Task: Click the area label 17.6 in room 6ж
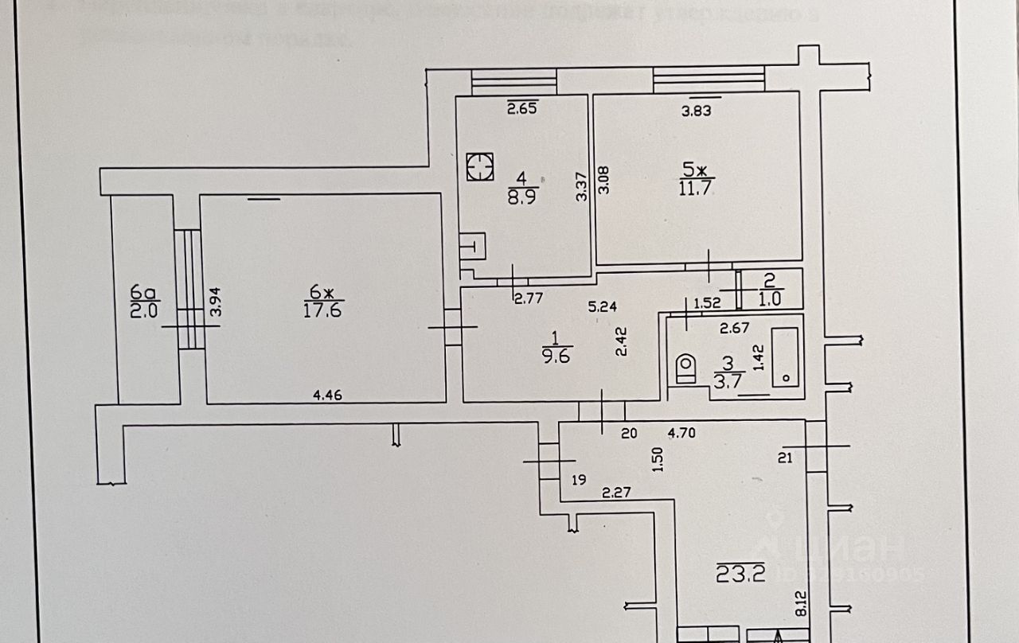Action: point(322,310)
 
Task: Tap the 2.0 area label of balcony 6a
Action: point(145,310)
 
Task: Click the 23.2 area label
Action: point(740,573)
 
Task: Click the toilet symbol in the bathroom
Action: point(685,368)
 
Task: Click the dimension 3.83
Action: point(696,111)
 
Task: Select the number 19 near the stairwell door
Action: point(579,480)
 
